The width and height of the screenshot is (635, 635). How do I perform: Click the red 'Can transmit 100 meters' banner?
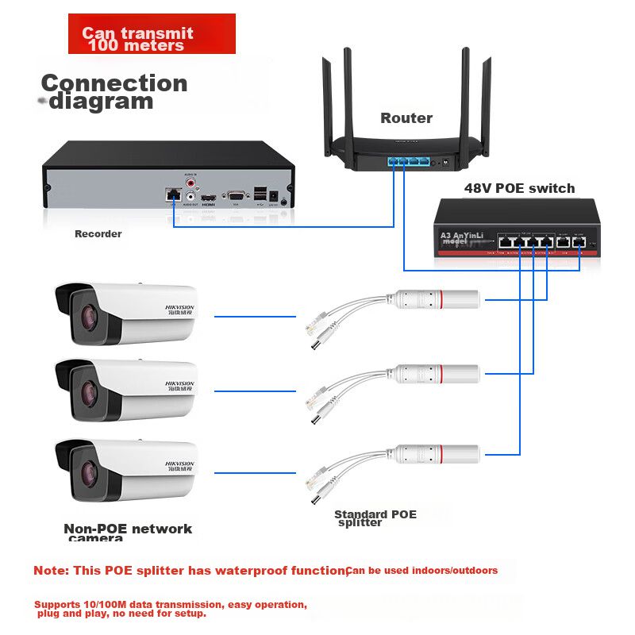152,34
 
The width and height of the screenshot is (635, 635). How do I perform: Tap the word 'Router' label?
406,118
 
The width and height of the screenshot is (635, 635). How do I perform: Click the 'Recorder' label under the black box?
98,234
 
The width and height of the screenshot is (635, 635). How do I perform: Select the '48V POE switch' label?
519,188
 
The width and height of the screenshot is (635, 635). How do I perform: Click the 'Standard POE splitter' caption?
375,518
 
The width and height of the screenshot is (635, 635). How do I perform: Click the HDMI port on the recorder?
209,195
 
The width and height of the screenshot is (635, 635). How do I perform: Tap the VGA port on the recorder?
234,194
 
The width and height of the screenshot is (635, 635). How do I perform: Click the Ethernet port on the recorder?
171,194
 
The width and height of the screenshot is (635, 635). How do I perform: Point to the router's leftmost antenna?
328,99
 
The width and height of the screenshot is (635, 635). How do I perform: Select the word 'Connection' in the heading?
114,83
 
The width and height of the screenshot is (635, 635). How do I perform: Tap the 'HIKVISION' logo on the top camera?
179,306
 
